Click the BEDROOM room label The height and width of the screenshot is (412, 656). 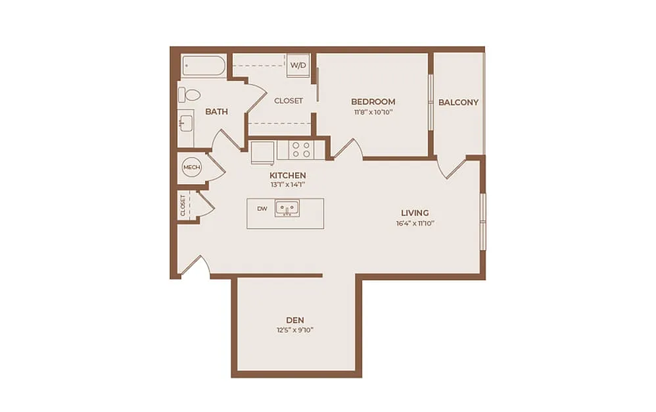click(373, 102)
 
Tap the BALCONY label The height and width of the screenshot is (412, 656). click(459, 102)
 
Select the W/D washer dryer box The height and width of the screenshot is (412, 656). click(298, 65)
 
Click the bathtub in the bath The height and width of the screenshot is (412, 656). click(204, 66)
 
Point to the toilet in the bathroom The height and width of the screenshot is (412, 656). click(189, 95)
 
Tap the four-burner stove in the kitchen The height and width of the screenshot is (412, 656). click(301, 150)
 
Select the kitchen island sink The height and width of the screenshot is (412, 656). click(287, 208)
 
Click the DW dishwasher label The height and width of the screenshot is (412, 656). click(262, 209)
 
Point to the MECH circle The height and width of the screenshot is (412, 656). click(192, 167)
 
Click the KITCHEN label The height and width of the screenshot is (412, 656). click(288, 176)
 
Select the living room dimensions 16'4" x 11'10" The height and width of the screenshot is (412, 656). click(415, 224)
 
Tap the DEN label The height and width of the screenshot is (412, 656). click(295, 321)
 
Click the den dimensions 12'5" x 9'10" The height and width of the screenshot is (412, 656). click(295, 330)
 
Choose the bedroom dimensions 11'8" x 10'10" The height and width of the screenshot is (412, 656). click(373, 112)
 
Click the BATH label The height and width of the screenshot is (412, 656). click(217, 112)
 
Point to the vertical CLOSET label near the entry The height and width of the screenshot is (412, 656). click(183, 205)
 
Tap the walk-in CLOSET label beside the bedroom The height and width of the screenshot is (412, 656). click(289, 101)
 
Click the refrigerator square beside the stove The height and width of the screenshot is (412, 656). click(263, 152)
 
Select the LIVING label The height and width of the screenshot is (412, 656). click(415, 213)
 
